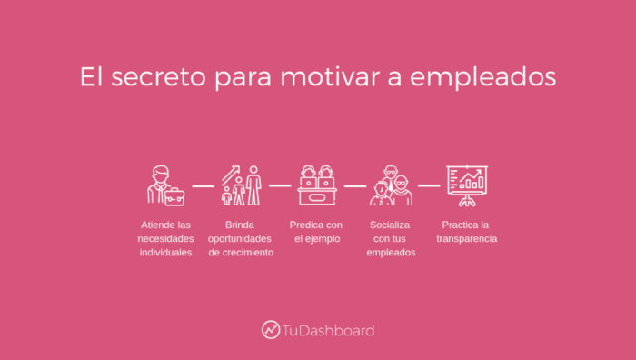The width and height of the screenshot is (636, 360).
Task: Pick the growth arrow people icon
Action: (x=241, y=185)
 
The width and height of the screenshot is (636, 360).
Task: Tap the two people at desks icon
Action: (x=317, y=185)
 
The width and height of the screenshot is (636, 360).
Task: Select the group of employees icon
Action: (x=392, y=185)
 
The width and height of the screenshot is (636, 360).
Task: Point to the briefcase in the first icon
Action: (x=174, y=196)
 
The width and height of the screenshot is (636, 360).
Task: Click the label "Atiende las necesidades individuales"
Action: (x=165, y=238)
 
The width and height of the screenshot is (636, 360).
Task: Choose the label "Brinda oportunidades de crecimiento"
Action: (x=241, y=238)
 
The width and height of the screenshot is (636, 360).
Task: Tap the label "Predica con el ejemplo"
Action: (x=316, y=231)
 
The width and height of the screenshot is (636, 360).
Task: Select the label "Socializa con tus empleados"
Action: (x=392, y=238)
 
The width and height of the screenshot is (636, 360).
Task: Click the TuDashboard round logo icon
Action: (x=271, y=330)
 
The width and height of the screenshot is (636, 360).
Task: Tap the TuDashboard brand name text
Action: (x=328, y=331)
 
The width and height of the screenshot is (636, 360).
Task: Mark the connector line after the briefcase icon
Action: (x=203, y=185)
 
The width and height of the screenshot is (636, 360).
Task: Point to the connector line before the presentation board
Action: (x=429, y=185)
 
